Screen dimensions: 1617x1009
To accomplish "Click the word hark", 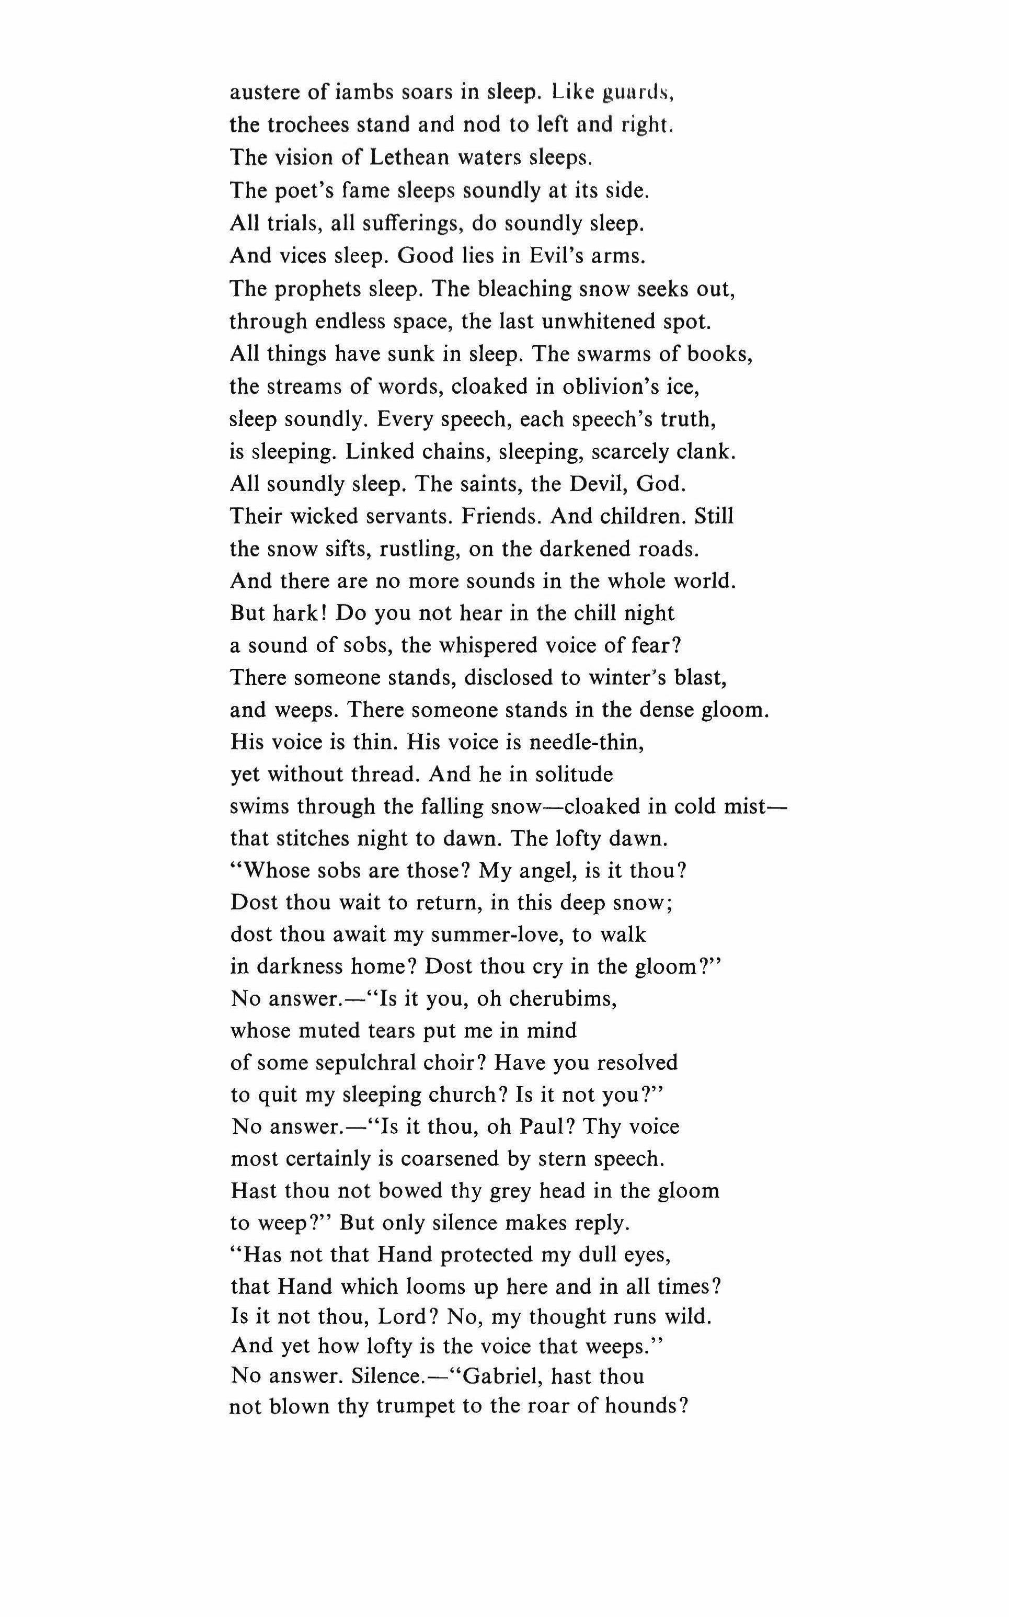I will point(299,613).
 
